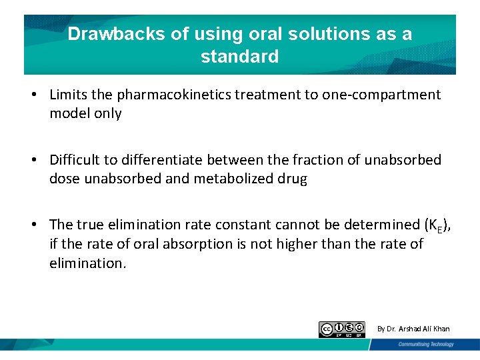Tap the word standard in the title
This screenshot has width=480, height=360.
click(x=239, y=57)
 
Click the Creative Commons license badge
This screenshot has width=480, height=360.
click(x=342, y=329)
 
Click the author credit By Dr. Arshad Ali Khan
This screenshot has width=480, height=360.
click(x=413, y=329)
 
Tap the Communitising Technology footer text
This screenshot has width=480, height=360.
click(x=426, y=345)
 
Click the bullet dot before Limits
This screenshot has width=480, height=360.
click(x=33, y=95)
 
